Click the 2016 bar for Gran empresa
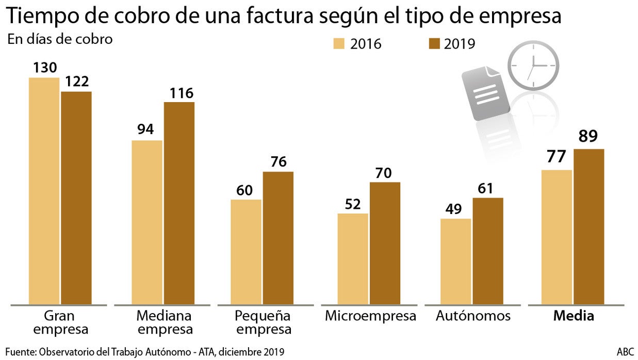[44, 191]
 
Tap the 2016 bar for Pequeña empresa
[246, 252]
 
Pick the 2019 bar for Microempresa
[385, 243]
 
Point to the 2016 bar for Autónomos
[455, 261]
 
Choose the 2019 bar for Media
[588, 226]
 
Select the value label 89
[588, 137]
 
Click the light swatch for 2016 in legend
[339, 43]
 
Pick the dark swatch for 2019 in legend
[434, 43]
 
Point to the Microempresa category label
[370, 316]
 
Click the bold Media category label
[574, 316]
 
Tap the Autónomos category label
[473, 316]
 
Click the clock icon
[533, 66]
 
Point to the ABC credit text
[625, 351]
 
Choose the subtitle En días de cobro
[60, 39]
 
